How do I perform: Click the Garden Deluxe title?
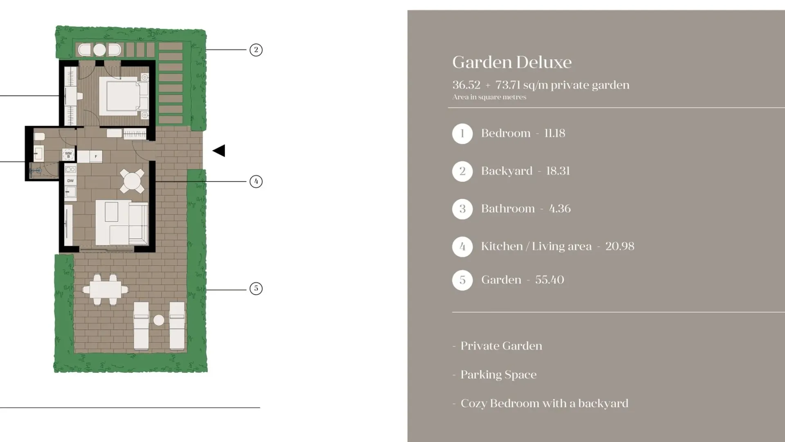[x=512, y=62]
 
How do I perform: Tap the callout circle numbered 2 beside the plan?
[x=256, y=50]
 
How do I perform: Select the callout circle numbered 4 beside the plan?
[x=256, y=181]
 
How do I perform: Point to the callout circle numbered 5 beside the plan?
[x=256, y=289]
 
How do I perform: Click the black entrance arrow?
[x=219, y=151]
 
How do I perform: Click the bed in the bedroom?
[x=123, y=96]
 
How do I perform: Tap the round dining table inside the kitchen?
[x=132, y=181]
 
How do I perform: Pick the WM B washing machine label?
[x=68, y=155]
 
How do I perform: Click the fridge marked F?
[x=96, y=156]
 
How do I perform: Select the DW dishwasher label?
[x=70, y=180]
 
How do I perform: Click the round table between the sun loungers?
[x=159, y=320]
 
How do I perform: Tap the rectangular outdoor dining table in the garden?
[x=105, y=290]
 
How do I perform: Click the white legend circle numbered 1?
[x=462, y=134]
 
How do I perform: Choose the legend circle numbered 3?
[x=462, y=209]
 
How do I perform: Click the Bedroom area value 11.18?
[x=555, y=133]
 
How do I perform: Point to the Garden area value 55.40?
[x=549, y=280]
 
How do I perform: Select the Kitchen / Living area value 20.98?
[x=620, y=246]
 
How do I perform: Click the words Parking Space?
[x=498, y=375]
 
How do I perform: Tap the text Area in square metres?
[x=489, y=97]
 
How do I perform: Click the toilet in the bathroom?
[x=39, y=137]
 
